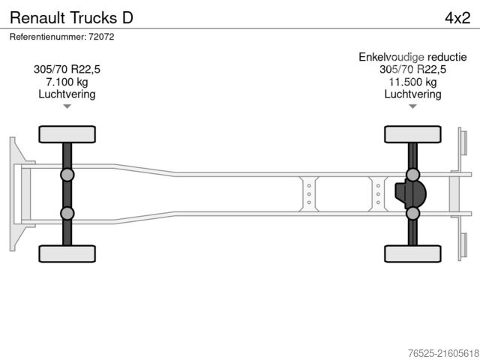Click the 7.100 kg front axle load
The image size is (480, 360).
(x=67, y=82)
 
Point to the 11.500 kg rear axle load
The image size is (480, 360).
(x=412, y=82)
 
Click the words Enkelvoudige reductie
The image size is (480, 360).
(x=412, y=57)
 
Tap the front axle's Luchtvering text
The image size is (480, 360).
(x=67, y=94)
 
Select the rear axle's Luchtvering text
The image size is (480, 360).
(x=412, y=94)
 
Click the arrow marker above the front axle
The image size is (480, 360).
(x=67, y=107)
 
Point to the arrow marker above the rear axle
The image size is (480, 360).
(x=412, y=107)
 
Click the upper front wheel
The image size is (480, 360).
(x=67, y=134)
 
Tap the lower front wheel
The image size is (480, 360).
(x=67, y=253)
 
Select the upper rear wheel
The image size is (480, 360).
(x=412, y=134)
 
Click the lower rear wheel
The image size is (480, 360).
(x=412, y=253)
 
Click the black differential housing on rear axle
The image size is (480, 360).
(x=409, y=194)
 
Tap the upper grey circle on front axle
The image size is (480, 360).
(x=67, y=175)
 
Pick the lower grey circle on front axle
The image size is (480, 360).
(x=67, y=213)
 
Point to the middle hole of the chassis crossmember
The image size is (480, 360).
(x=308, y=193)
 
